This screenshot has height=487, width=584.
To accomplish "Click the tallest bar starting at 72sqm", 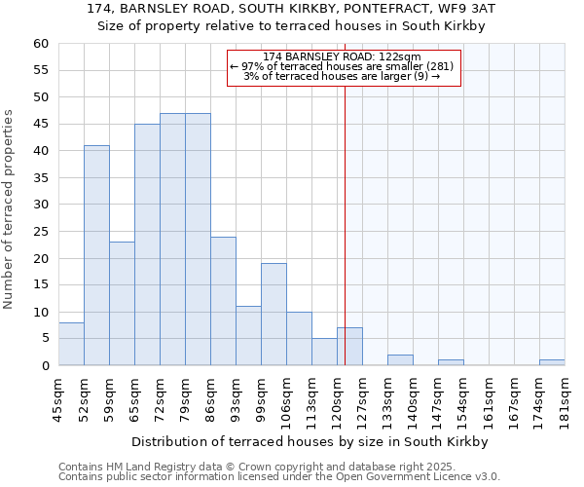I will click(172, 240).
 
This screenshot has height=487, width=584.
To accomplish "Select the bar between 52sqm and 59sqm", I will click(96, 255).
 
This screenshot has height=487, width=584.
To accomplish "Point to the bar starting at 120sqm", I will click(349, 347).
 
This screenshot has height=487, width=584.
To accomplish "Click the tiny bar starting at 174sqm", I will click(552, 362).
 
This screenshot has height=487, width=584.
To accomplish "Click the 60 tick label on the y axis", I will click(40, 44).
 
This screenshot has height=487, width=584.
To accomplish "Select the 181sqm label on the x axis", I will click(565, 396).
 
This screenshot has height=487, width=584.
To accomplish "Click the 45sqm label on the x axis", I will click(58, 396).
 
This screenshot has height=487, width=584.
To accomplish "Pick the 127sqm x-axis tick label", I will click(362, 396).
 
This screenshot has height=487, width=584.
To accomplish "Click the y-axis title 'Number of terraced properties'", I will click(10, 209).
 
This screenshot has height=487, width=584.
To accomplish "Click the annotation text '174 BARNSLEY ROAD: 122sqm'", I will click(342, 57).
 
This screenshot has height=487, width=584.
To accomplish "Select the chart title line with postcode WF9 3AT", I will click(291, 9).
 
